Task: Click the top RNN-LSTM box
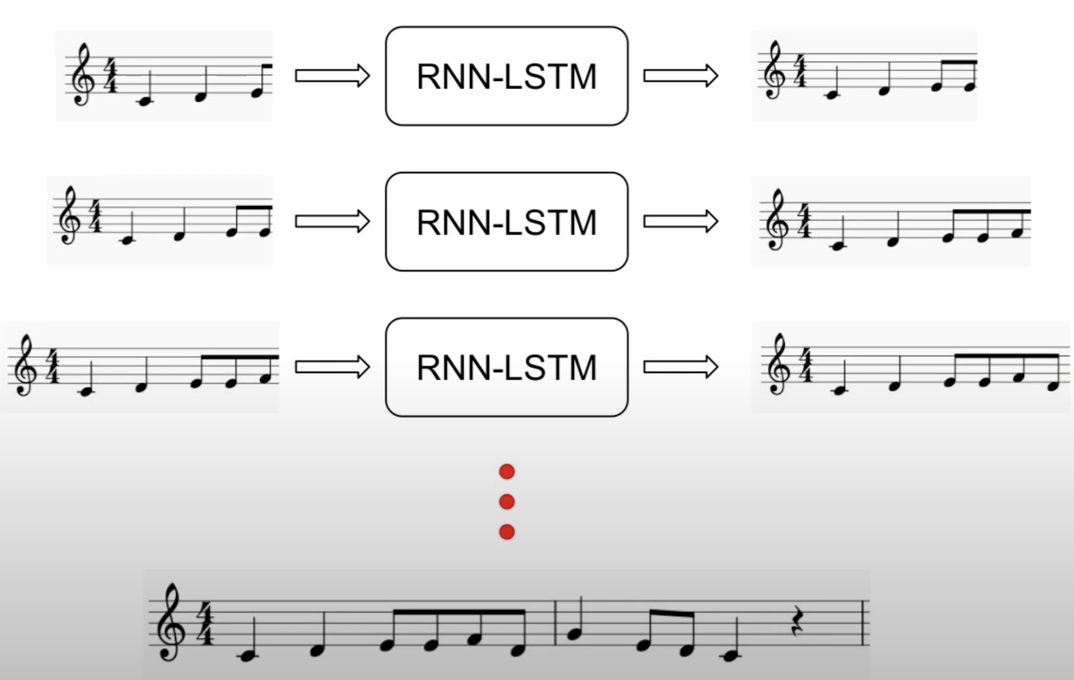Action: click(x=507, y=76)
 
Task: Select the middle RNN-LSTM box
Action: click(x=507, y=222)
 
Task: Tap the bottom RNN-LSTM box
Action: click(x=507, y=367)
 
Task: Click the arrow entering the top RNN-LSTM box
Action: click(x=332, y=76)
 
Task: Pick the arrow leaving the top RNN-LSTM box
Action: click(x=680, y=76)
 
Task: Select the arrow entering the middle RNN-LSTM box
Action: click(x=332, y=222)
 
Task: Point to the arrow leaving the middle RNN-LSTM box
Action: click(x=680, y=222)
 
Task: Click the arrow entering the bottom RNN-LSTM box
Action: click(x=332, y=367)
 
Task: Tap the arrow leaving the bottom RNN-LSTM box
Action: click(x=680, y=367)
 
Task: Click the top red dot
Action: click(x=507, y=472)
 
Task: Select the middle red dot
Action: click(x=507, y=502)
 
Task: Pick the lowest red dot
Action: click(x=507, y=532)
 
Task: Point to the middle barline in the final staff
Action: click(x=556, y=623)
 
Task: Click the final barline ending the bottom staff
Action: click(x=864, y=623)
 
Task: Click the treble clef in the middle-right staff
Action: click(x=775, y=220)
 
